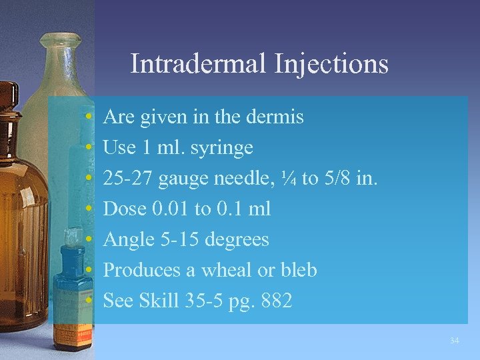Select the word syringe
(x=223, y=147)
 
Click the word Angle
(x=129, y=239)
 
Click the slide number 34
(x=454, y=341)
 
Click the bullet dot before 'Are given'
(x=89, y=118)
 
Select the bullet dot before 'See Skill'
(x=89, y=301)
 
